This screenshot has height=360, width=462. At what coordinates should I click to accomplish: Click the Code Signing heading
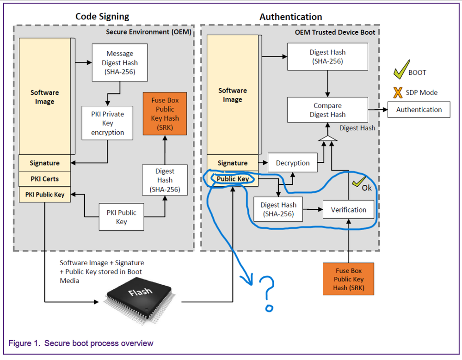click(x=102, y=17)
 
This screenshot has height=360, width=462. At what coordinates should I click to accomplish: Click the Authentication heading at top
click(x=290, y=17)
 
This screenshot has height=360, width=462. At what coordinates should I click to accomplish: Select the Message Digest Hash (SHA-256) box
click(x=120, y=63)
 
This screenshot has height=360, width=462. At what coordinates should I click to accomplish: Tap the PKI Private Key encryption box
click(x=107, y=123)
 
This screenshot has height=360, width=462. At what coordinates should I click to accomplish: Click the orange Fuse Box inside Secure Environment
click(x=165, y=114)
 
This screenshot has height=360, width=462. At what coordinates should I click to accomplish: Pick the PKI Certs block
click(x=44, y=179)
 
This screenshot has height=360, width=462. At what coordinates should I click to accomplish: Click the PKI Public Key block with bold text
click(x=44, y=195)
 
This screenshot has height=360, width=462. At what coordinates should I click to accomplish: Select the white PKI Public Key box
click(x=121, y=217)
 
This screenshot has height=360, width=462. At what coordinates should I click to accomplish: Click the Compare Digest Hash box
click(x=327, y=110)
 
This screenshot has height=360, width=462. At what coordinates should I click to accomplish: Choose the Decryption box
click(x=292, y=163)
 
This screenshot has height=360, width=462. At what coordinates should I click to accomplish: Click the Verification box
click(x=348, y=210)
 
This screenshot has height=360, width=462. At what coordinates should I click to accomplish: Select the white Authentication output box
click(x=419, y=110)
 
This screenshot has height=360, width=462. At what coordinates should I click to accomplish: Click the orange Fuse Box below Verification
click(x=348, y=279)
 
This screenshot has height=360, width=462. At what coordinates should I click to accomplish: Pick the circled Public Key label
click(x=233, y=179)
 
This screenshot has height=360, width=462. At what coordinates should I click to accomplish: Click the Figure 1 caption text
click(x=81, y=343)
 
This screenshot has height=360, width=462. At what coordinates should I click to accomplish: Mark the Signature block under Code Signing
click(x=44, y=163)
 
